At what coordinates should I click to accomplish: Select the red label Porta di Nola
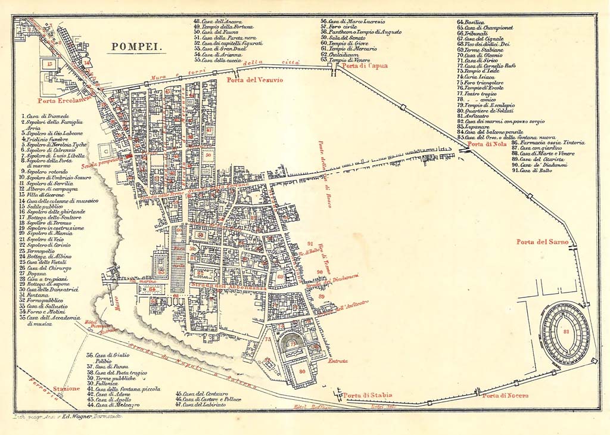(483, 144)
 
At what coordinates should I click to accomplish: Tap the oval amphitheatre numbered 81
(565, 333)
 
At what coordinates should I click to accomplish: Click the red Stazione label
(66, 389)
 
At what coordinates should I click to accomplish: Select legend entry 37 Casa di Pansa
(111, 366)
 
